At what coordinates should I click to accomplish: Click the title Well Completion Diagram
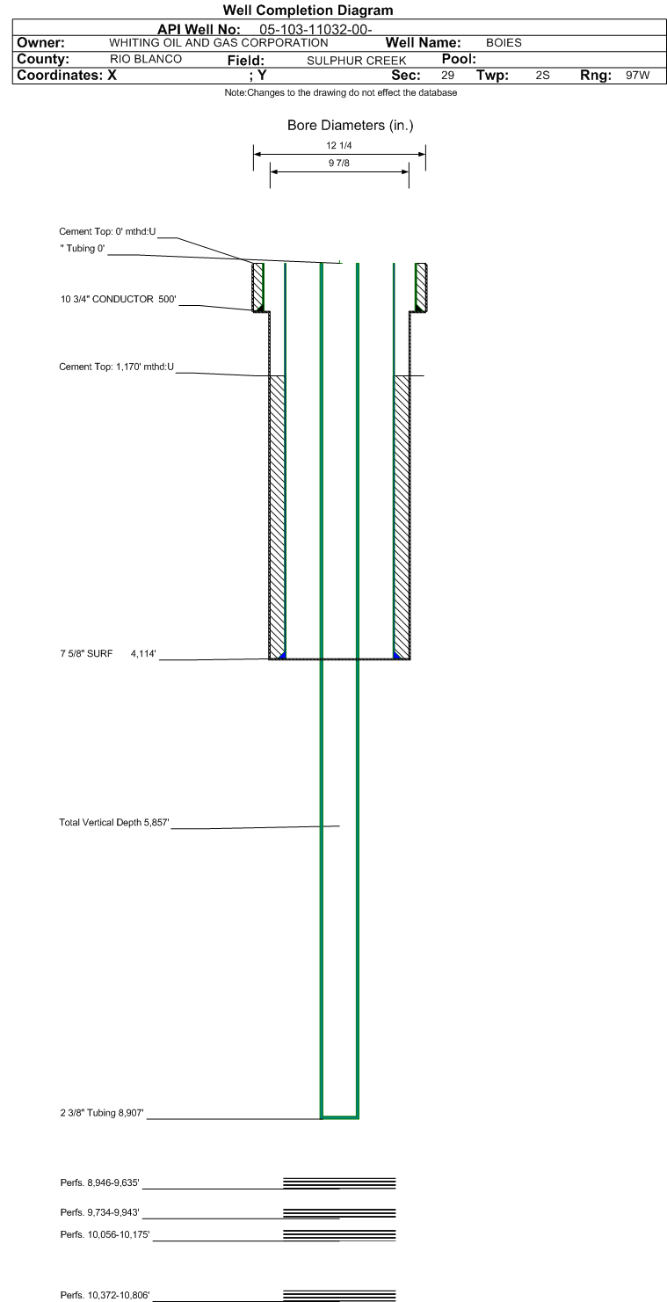308,11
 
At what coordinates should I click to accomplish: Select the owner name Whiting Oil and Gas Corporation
219,43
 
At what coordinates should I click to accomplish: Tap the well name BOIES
504,43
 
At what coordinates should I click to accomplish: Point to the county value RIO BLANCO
145,60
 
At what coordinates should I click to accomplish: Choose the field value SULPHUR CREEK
357,61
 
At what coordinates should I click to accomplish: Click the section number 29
447,76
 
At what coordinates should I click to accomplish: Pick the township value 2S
542,76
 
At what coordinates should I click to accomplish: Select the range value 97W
637,76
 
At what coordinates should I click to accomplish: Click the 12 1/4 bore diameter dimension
339,146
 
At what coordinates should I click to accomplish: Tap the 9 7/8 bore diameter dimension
339,164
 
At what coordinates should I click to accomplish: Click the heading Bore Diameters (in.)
350,126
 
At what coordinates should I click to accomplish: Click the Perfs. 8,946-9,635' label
100,1182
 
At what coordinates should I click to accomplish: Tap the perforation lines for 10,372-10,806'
339,1294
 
